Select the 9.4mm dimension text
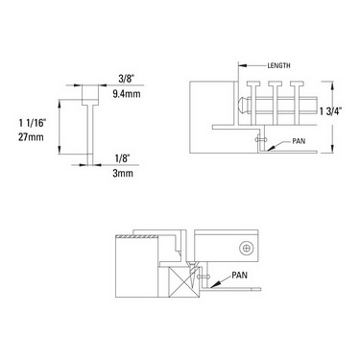pyautogui.click(x=127, y=93)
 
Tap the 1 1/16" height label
pyautogui.click(x=33, y=123)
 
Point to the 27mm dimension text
pyautogui.click(x=31, y=137)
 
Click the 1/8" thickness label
pyautogui.click(x=123, y=158)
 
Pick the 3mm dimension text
pyautogui.click(x=123, y=173)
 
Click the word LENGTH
pyautogui.click(x=278, y=65)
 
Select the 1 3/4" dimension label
pyautogui.click(x=331, y=111)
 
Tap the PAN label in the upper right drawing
pyautogui.click(x=299, y=141)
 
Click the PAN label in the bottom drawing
pyautogui.click(x=239, y=275)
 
